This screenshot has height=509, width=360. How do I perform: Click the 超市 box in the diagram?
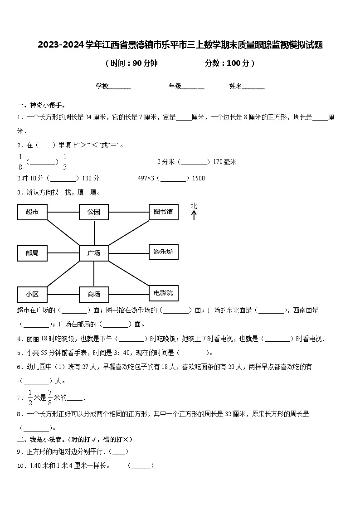tap(32, 212)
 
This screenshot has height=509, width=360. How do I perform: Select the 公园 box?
tap(94, 212)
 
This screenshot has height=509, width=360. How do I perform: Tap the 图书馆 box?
tap(163, 211)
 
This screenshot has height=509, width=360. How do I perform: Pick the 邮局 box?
tap(32, 253)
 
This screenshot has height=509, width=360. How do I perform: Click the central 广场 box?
tap(94, 253)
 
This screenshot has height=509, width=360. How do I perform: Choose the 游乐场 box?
tap(163, 252)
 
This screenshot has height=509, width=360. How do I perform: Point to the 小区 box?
tap(32, 294)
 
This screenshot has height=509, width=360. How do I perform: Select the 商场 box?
tap(94, 294)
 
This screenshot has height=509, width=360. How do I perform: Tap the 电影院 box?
tap(163, 293)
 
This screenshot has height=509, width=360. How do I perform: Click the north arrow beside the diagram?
tap(194, 215)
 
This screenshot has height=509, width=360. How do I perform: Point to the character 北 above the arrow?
tap(194, 206)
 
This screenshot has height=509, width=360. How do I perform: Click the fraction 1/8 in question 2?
tap(20, 161)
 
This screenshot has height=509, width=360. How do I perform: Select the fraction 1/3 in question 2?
tap(65, 161)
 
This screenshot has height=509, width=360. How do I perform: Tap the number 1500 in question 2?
tap(199, 178)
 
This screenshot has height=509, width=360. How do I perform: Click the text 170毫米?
tap(224, 162)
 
